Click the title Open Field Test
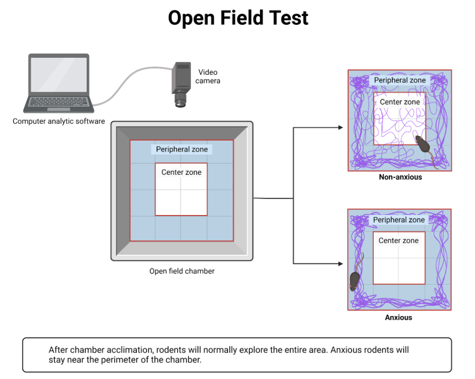(x=238, y=18)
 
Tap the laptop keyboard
(x=58, y=102)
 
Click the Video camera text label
(x=209, y=76)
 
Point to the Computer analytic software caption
(x=59, y=122)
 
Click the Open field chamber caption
(x=182, y=271)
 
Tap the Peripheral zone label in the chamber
(x=182, y=150)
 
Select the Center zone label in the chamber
(x=181, y=172)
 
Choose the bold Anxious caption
(x=399, y=318)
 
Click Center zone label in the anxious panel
(x=399, y=241)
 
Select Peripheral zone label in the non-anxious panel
(x=400, y=80)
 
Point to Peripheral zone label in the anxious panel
(x=399, y=220)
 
